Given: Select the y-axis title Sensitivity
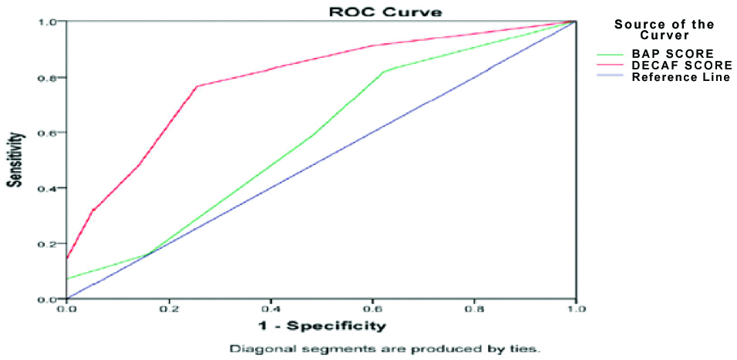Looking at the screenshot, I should point(13,159).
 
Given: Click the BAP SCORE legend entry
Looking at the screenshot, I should point(668,55).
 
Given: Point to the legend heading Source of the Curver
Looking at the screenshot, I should point(665,30).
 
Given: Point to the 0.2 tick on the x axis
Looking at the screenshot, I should point(169,309).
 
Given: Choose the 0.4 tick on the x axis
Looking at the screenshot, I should point(271,309).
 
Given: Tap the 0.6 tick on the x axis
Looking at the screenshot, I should point(372,309).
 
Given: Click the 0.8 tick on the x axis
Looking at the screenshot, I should point(474,309).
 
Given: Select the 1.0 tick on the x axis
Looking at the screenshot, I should point(575,309).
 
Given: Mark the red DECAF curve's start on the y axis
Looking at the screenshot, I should point(68,257).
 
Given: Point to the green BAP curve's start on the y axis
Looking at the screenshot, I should point(68,279).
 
